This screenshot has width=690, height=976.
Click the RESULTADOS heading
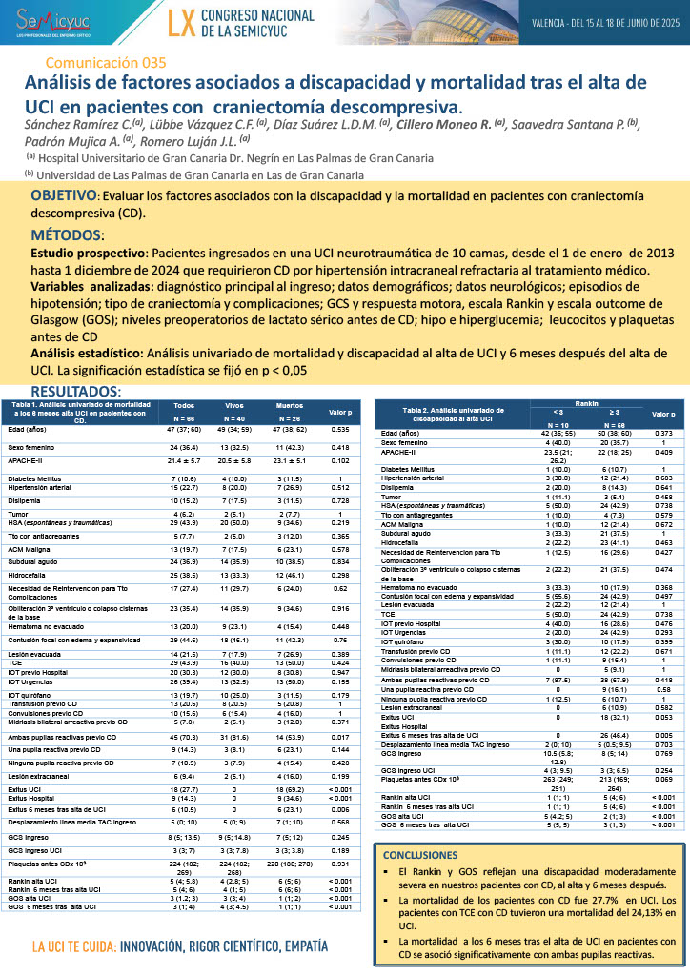pyautogui.click(x=75, y=392)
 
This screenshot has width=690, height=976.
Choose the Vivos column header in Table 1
pyautogui.click(x=234, y=405)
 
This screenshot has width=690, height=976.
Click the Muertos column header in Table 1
pyautogui.click(x=289, y=405)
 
